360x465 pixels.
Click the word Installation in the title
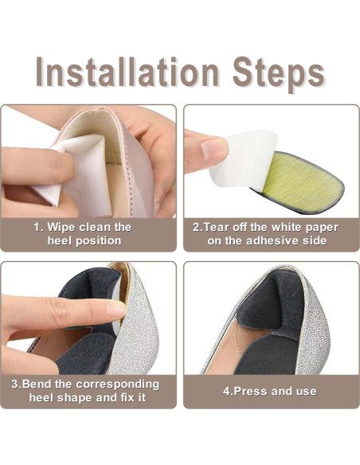click(127, 72)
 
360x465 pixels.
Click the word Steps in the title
click(278, 74)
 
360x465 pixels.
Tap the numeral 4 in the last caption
click(226, 391)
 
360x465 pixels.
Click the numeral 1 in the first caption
click(37, 227)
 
